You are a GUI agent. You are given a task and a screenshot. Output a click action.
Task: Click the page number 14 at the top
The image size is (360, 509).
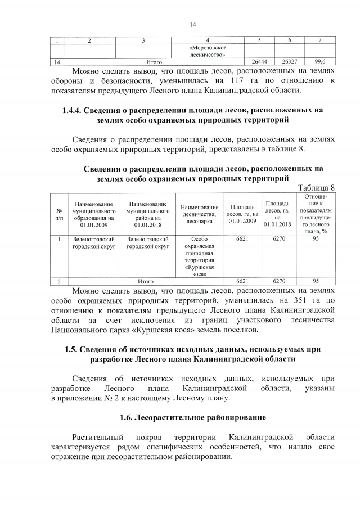click(192, 24)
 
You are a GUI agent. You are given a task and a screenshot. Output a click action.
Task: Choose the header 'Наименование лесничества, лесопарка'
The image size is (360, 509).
click(200, 213)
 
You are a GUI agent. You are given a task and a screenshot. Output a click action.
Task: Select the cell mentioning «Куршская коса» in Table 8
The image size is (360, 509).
click(200, 256)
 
